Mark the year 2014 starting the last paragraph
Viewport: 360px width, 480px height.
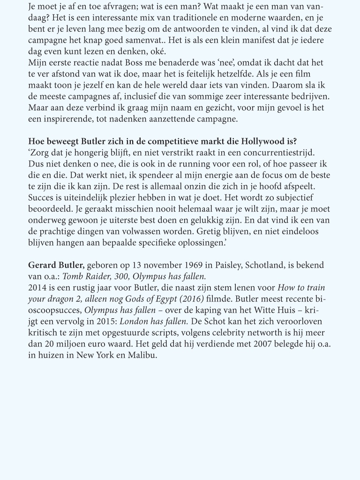pos(38,288)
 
